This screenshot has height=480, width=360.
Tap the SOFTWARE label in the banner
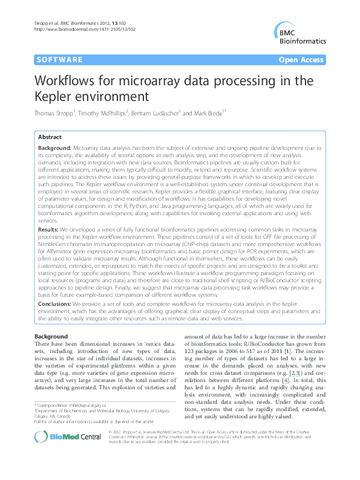coord(59,60)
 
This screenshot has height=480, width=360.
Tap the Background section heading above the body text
coord(51,336)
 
